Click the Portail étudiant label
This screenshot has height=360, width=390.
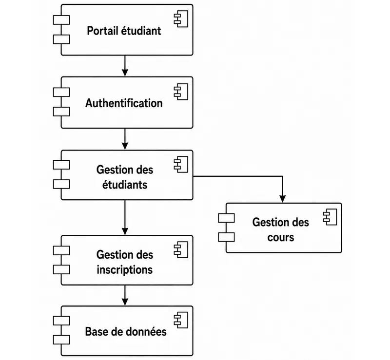click(x=124, y=31)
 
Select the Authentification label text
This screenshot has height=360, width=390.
click(x=124, y=103)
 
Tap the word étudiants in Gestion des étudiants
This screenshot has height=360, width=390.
click(x=125, y=185)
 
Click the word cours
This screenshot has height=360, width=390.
click(x=281, y=237)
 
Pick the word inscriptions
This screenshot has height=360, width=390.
click(x=125, y=270)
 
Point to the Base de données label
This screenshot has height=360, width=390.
click(x=126, y=331)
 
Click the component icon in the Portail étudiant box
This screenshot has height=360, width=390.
click(x=181, y=19)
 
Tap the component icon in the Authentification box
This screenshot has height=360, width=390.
click(x=181, y=92)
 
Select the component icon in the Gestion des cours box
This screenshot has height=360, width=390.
click(x=330, y=217)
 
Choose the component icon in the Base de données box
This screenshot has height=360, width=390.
click(x=181, y=320)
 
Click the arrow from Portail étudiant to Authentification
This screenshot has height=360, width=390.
click(x=125, y=66)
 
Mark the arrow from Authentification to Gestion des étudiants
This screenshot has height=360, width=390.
click(x=125, y=139)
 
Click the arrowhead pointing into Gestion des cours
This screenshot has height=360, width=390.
click(x=282, y=199)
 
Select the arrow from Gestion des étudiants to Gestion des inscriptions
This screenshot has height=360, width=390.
click(x=125, y=218)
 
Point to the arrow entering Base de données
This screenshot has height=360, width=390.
click(x=125, y=295)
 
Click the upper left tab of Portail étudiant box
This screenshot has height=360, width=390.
click(x=61, y=20)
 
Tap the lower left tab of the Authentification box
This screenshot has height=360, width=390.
click(x=61, y=112)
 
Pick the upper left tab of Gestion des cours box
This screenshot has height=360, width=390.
click(x=226, y=218)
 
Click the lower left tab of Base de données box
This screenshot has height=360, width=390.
click(x=61, y=340)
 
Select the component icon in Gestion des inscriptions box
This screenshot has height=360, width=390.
click(x=181, y=249)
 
